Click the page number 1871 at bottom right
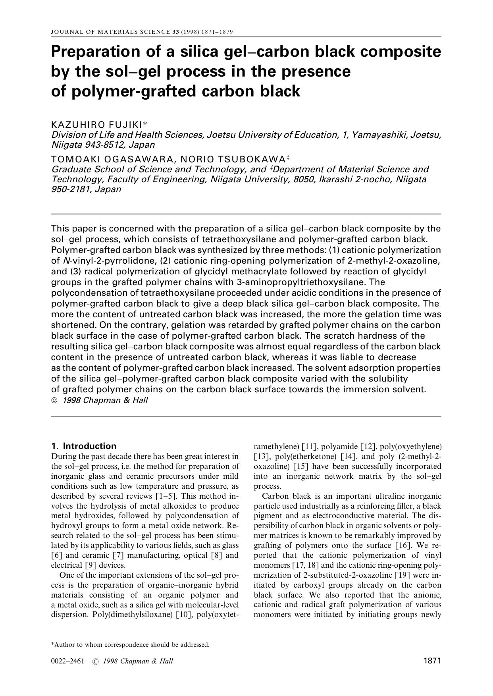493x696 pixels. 432,661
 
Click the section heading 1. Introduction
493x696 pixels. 84,446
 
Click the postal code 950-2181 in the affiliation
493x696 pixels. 66,189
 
